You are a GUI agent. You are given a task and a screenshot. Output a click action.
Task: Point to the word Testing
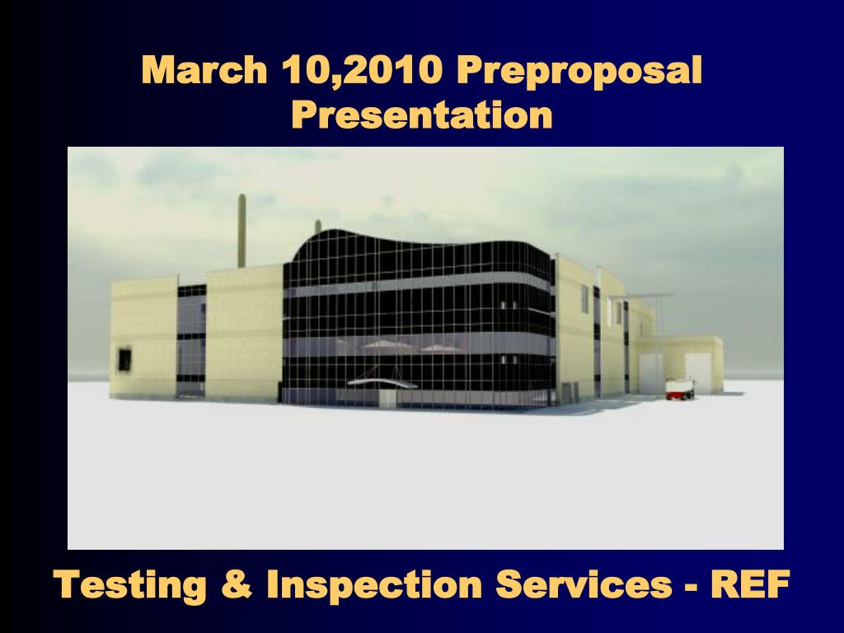pyautogui.click(x=130, y=585)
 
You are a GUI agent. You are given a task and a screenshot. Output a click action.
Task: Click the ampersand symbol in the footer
pyautogui.click(x=237, y=584)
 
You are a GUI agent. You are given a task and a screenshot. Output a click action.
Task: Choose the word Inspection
pyautogui.click(x=374, y=585)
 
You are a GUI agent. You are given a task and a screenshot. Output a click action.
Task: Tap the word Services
pyautogui.click(x=584, y=584)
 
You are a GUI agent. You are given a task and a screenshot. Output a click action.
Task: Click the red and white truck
pyautogui.click(x=679, y=388)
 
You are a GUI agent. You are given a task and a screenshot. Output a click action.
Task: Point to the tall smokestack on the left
pyautogui.click(x=242, y=231)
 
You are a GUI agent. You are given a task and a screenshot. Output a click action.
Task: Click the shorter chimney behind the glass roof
pyautogui.click(x=318, y=227)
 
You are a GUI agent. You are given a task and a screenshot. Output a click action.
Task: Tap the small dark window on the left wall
pyautogui.click(x=124, y=359)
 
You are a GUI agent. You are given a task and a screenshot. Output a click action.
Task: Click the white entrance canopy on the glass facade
pyautogui.click(x=381, y=382)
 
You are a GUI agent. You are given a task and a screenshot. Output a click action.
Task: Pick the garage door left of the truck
pyautogui.click(x=651, y=373)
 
